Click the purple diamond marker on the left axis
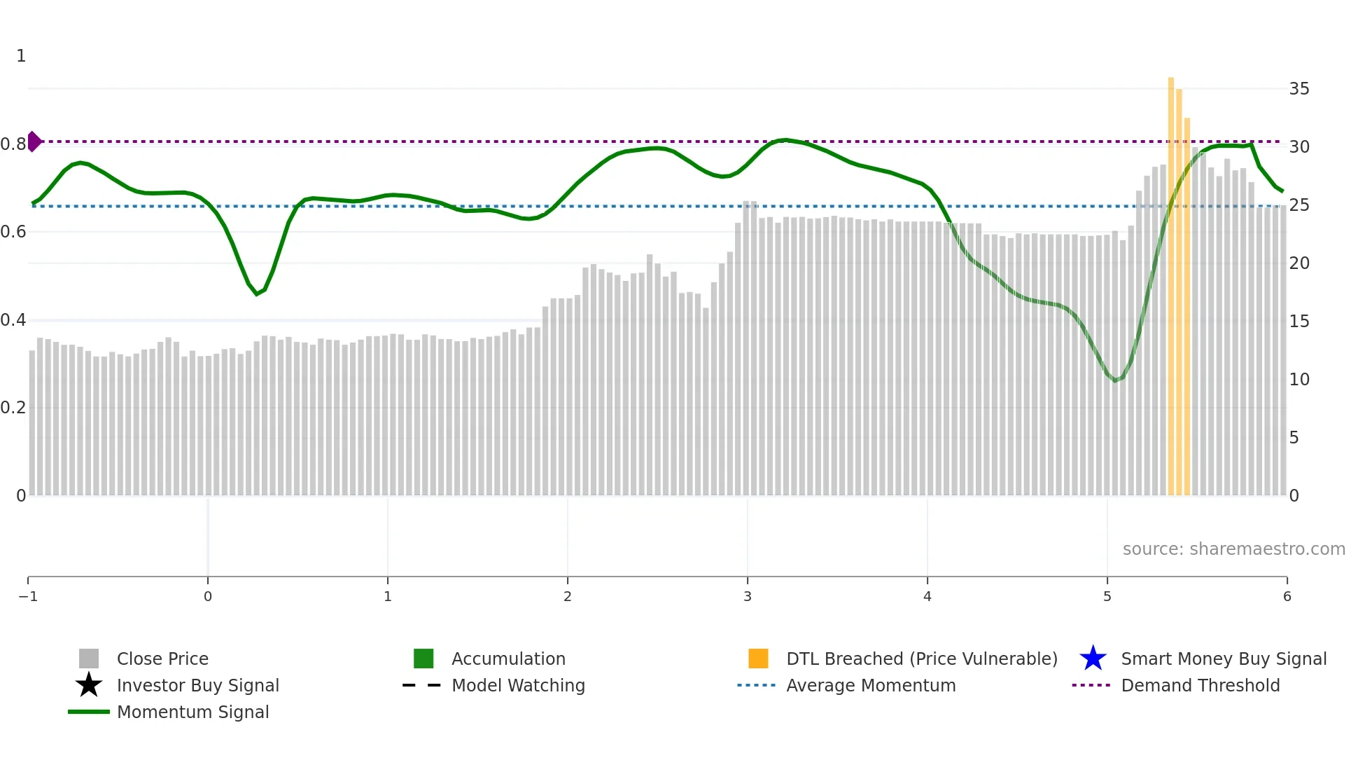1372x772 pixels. tap(34, 142)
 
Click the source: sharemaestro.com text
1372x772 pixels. tap(1233, 549)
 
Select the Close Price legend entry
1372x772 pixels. tap(162, 659)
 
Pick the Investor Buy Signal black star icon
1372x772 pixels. tap(89, 685)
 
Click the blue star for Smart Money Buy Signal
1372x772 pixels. tap(1093, 659)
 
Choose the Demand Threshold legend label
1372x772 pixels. tap(1200, 685)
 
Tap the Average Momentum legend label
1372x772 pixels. tap(870, 685)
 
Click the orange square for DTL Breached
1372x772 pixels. tap(758, 659)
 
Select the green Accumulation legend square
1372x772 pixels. tap(423, 659)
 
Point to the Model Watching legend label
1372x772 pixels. tap(518, 685)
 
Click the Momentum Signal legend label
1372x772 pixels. tap(192, 712)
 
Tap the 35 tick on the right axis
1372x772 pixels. tap(1299, 89)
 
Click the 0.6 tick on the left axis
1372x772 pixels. tap(13, 232)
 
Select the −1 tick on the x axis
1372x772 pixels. tap(28, 596)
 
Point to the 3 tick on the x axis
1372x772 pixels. tap(748, 596)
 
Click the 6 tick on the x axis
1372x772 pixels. tap(1287, 596)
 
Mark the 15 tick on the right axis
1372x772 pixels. tap(1299, 322)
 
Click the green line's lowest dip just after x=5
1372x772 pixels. tap(1115, 380)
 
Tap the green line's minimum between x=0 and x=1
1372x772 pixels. tap(257, 294)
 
